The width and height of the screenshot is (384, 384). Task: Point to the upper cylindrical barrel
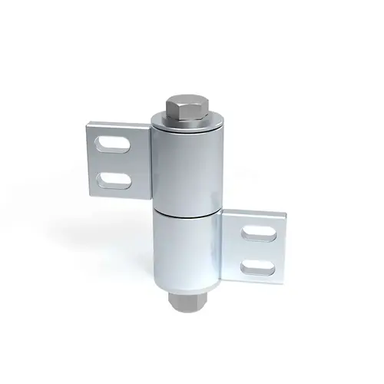click(x=189, y=165)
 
